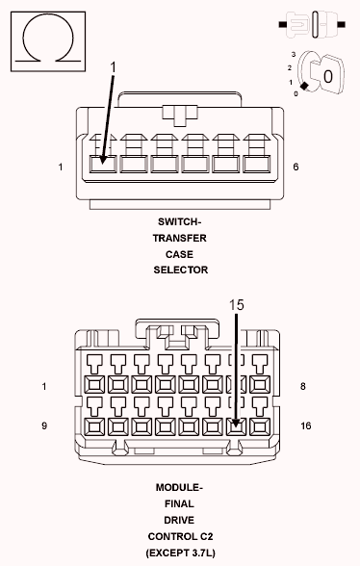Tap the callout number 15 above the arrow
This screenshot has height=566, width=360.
click(237, 305)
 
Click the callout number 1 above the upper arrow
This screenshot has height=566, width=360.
click(113, 67)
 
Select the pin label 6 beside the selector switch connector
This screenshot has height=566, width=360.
click(296, 167)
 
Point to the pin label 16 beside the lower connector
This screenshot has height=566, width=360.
click(305, 425)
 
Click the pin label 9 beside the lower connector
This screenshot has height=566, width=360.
click(44, 425)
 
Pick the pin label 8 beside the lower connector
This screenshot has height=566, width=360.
click(302, 386)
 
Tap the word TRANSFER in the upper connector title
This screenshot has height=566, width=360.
click(179, 239)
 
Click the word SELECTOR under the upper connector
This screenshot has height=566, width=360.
click(181, 270)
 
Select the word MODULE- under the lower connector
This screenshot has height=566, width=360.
click(179, 488)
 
